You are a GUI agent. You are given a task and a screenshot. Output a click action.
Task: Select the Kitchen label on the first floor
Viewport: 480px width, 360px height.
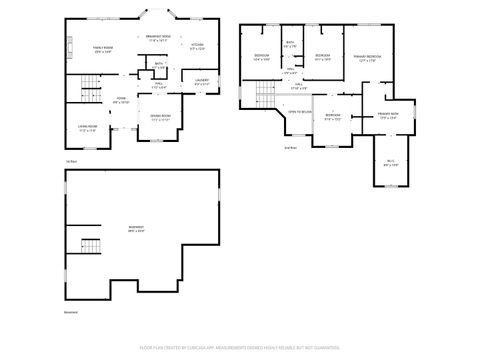point(197,46)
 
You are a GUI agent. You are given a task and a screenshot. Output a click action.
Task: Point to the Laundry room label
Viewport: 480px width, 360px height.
point(201,82)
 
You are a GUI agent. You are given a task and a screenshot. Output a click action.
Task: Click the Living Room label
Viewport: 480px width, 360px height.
point(88,127)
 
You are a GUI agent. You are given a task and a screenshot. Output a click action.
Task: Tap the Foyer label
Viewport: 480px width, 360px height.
point(122,100)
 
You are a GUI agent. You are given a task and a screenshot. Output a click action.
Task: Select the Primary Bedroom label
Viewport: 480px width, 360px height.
point(368,58)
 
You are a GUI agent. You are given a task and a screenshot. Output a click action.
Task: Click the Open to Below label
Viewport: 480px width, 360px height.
point(300,112)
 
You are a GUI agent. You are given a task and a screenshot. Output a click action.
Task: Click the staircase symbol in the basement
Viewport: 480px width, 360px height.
point(91,246)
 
